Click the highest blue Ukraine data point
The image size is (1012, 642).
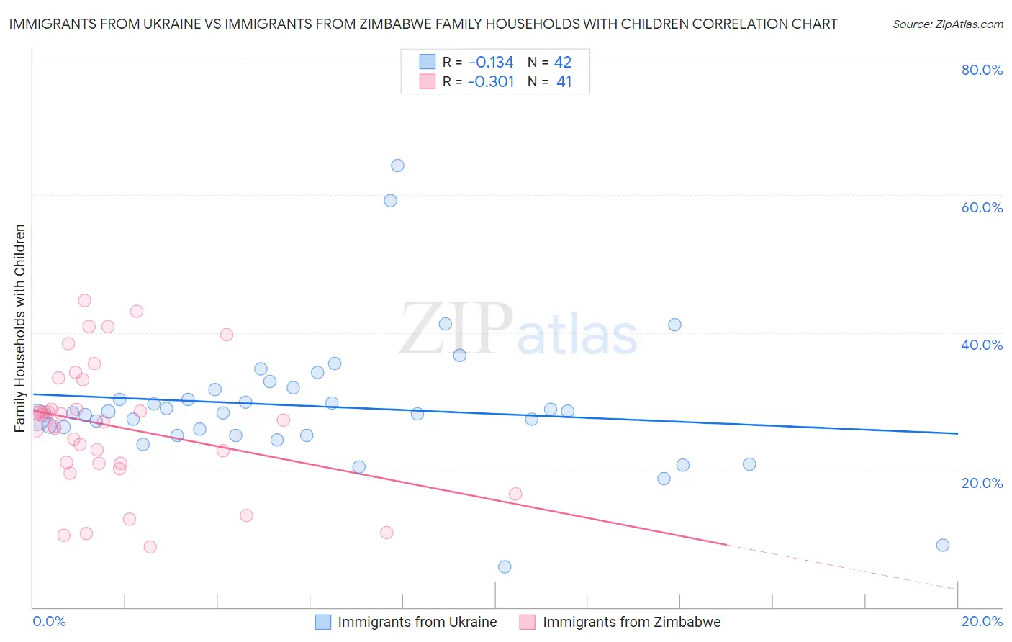click(397, 166)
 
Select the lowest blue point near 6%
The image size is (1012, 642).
click(505, 566)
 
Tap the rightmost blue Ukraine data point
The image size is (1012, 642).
click(942, 545)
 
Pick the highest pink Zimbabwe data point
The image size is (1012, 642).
click(84, 301)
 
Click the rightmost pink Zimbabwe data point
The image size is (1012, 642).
click(515, 494)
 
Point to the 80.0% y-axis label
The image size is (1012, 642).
click(982, 70)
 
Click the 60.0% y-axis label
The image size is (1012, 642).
click(982, 207)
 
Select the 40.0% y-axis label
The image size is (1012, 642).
click(982, 345)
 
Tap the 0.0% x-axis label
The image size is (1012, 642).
click(49, 621)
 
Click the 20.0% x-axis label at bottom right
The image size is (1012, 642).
click(982, 621)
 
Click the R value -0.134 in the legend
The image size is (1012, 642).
click(491, 63)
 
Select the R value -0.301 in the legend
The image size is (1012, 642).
click(491, 82)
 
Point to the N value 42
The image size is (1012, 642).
click(563, 63)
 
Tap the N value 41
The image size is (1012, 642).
click(564, 82)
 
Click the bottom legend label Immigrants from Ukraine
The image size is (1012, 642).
click(417, 622)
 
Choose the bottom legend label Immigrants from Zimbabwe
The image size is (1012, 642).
click(631, 622)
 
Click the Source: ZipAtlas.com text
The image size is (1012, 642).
click(947, 24)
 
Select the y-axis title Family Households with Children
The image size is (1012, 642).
click(20, 328)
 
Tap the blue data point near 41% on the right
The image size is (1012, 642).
click(674, 325)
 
